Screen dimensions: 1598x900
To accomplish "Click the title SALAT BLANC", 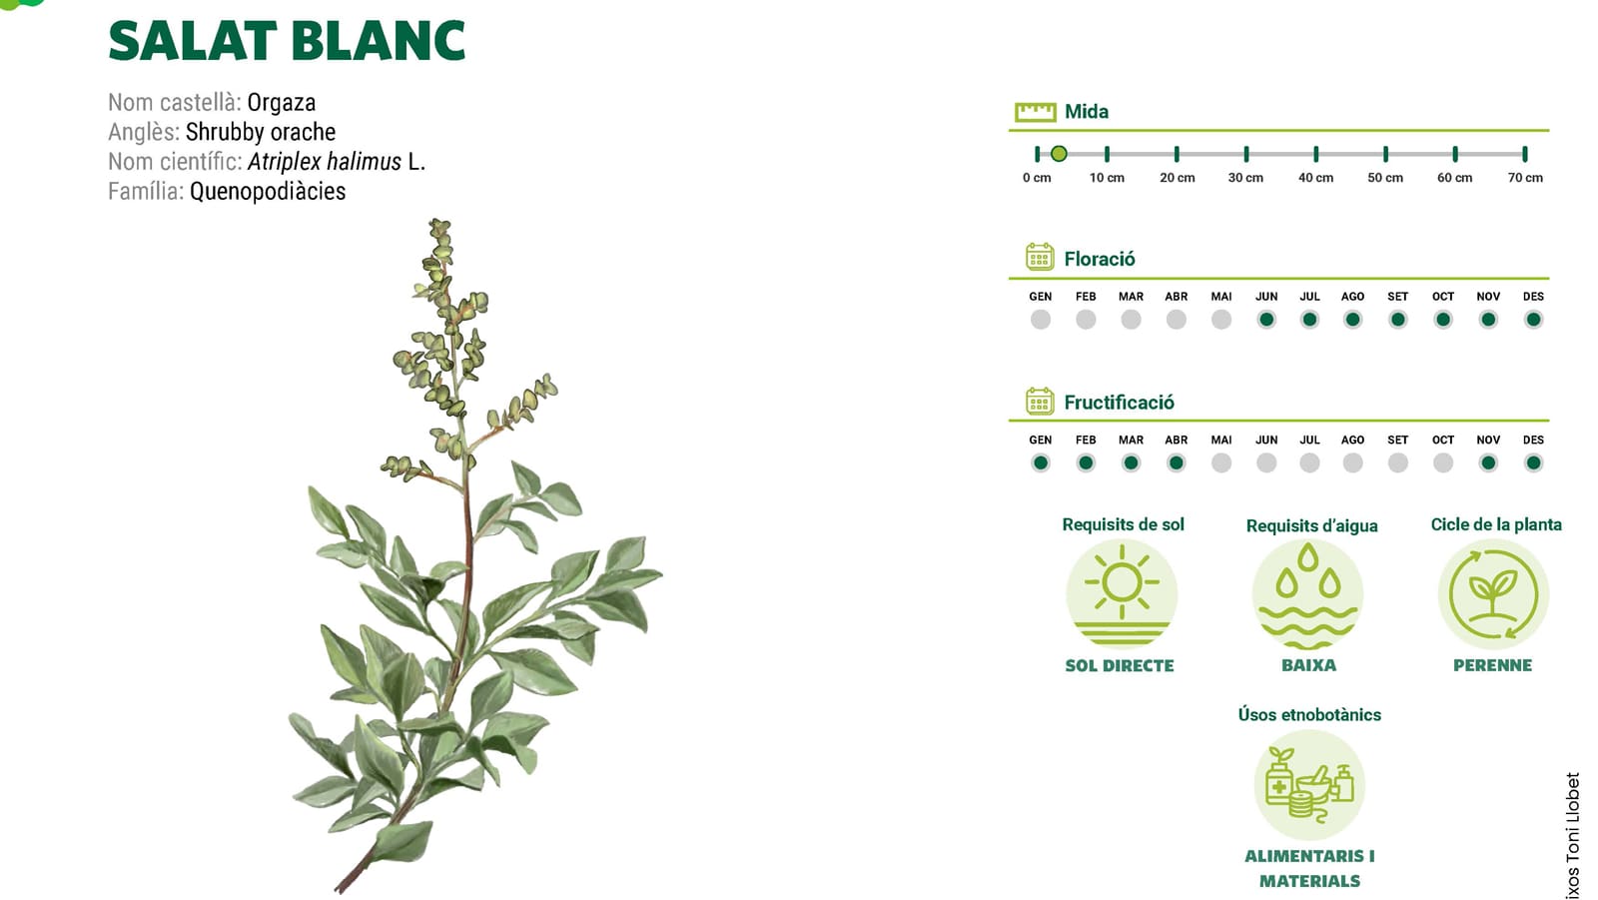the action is pyautogui.click(x=287, y=41).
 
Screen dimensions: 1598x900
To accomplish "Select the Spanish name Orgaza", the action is pyautogui.click(x=281, y=103).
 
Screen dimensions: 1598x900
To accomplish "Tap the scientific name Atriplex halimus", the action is pyautogui.click(x=324, y=162).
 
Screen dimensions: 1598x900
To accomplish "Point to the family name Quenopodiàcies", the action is pyautogui.click(x=268, y=191).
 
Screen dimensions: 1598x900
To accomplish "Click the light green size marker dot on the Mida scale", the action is pyautogui.click(x=1059, y=154).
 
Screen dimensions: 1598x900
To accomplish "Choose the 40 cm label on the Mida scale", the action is pyautogui.click(x=1315, y=178).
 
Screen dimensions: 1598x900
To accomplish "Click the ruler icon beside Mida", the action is pyautogui.click(x=1035, y=112).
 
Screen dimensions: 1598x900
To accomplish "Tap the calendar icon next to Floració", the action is pyautogui.click(x=1040, y=257).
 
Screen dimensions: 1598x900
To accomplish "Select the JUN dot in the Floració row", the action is pyautogui.click(x=1266, y=320).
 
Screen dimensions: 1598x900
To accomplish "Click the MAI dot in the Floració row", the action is pyautogui.click(x=1221, y=320).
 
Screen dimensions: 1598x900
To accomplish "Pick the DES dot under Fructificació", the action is pyautogui.click(x=1533, y=463).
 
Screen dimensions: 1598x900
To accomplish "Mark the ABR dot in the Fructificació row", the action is pyautogui.click(x=1177, y=463).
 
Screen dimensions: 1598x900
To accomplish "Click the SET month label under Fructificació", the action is pyautogui.click(x=1397, y=440).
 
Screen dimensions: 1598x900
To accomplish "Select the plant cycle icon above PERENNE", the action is pyautogui.click(x=1493, y=594).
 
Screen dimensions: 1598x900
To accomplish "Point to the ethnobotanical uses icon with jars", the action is pyautogui.click(x=1309, y=785).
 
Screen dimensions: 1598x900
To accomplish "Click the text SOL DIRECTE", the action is pyautogui.click(x=1120, y=666).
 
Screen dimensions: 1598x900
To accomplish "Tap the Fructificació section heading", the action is pyautogui.click(x=1119, y=403).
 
